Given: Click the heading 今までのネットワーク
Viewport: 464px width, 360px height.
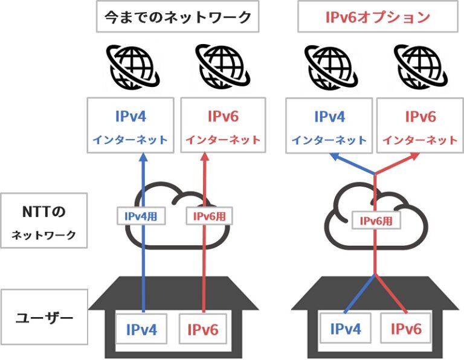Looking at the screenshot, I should [177, 18].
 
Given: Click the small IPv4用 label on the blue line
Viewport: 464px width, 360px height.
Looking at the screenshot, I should [141, 215].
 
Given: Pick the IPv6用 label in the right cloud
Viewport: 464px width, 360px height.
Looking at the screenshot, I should [376, 220].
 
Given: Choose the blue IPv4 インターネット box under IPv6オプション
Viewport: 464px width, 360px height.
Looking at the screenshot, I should [329, 125].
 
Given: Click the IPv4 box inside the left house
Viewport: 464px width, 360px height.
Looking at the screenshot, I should [141, 330].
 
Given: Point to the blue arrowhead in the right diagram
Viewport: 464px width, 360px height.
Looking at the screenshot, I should [335, 158].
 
